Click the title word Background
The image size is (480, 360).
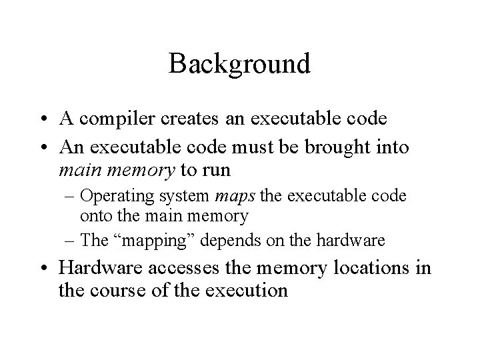[x=239, y=64]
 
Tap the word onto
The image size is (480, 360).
[x=95, y=215]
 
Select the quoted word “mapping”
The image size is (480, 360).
[x=161, y=239]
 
